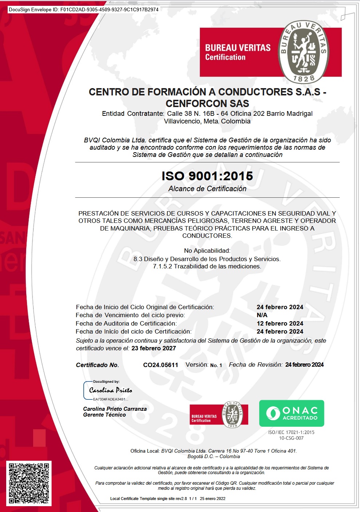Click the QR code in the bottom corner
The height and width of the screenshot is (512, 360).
(29, 483)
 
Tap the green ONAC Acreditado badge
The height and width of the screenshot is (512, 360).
(292, 413)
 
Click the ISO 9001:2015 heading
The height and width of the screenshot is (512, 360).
(207, 176)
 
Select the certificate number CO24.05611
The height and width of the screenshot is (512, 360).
(161, 365)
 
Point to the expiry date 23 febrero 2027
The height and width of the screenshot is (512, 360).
(154, 348)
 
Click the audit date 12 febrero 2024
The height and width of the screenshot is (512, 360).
(280, 323)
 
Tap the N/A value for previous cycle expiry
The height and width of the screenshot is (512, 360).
(262, 315)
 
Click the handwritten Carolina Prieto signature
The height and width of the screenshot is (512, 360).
(111, 390)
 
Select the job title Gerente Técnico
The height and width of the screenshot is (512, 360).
(104, 415)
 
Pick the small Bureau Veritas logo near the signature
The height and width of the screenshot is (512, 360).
(219, 415)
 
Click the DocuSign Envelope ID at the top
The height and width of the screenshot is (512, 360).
(84, 9)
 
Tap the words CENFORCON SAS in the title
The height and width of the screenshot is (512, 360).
(207, 103)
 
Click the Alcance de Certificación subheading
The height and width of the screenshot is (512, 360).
(207, 189)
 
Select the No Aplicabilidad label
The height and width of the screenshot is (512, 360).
(207, 251)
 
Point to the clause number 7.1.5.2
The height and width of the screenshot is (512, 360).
(162, 266)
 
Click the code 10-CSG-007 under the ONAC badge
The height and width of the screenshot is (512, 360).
(291, 438)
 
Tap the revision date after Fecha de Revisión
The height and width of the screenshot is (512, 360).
(304, 365)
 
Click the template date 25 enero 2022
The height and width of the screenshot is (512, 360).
(213, 499)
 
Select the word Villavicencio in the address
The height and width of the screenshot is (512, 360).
(182, 121)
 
